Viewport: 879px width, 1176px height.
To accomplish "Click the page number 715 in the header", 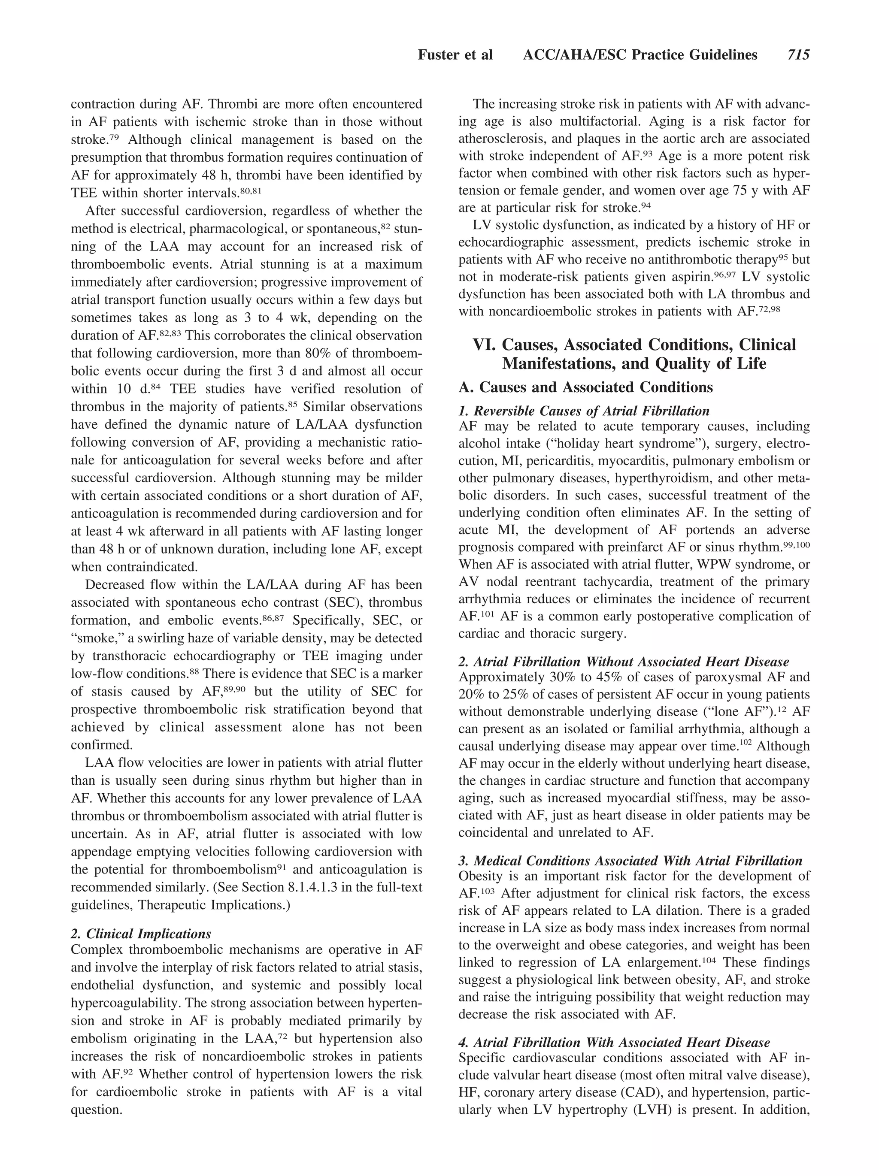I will pos(798,55).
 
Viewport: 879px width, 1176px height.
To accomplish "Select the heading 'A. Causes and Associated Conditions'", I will pos(585,387).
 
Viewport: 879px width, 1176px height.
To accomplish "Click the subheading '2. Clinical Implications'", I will pos(141,934).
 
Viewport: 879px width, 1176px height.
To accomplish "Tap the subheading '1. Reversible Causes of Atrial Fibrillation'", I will pos(584,411).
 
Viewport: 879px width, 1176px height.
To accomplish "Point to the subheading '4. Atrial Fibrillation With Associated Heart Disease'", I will pos(614,1042).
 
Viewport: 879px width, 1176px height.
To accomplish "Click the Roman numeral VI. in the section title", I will pos(484,345).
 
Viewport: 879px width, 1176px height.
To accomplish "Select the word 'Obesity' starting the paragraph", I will pos(479,876).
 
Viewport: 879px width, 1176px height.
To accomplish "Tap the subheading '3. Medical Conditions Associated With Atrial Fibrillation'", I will pos(630,861).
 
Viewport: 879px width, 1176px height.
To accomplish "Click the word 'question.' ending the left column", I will pos(96,1109).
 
